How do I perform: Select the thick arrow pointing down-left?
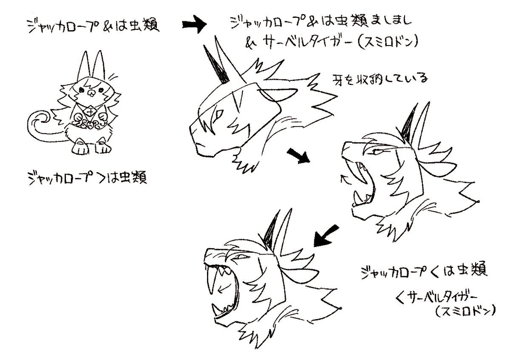coord(327,235)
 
